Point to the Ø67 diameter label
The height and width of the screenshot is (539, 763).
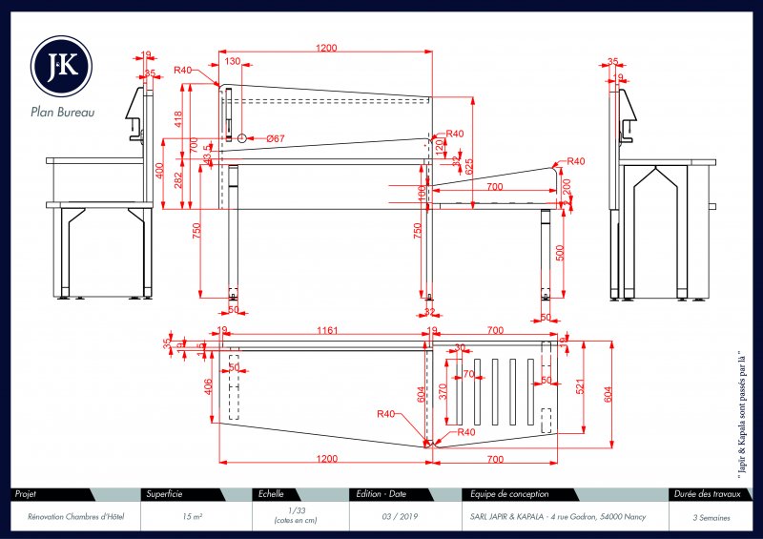click(x=277, y=139)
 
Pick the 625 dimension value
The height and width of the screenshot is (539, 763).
click(x=468, y=165)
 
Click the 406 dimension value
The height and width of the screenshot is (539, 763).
click(x=209, y=385)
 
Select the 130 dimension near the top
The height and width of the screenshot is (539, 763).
click(x=233, y=61)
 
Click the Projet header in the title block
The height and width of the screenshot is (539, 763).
click(x=27, y=494)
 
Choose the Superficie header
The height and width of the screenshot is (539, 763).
click(x=163, y=494)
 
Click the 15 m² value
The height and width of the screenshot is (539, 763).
click(x=191, y=516)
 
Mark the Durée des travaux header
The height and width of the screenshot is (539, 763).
click(x=707, y=494)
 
